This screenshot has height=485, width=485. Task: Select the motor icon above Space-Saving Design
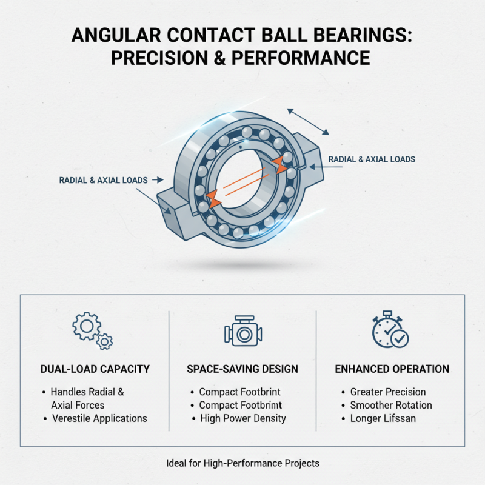[x=242, y=331]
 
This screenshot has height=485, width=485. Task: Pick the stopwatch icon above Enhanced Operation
[x=390, y=331]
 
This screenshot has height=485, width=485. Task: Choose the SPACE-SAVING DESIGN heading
[x=242, y=369]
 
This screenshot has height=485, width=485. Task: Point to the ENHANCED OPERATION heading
[x=392, y=369]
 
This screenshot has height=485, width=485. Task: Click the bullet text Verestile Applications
[x=99, y=418]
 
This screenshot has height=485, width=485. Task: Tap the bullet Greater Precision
[x=388, y=392]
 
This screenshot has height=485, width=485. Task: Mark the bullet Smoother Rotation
[x=391, y=405]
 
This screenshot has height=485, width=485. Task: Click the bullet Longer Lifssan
[x=383, y=418]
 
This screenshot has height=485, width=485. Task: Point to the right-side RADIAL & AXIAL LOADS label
[x=372, y=159]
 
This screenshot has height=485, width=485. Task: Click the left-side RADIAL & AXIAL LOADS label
[x=104, y=180]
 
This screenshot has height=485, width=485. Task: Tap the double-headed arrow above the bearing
[x=308, y=121]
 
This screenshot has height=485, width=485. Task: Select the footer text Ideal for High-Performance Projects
[x=242, y=463]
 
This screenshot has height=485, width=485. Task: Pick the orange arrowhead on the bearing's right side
[x=279, y=162]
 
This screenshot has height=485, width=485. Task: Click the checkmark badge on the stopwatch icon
[x=400, y=338]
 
